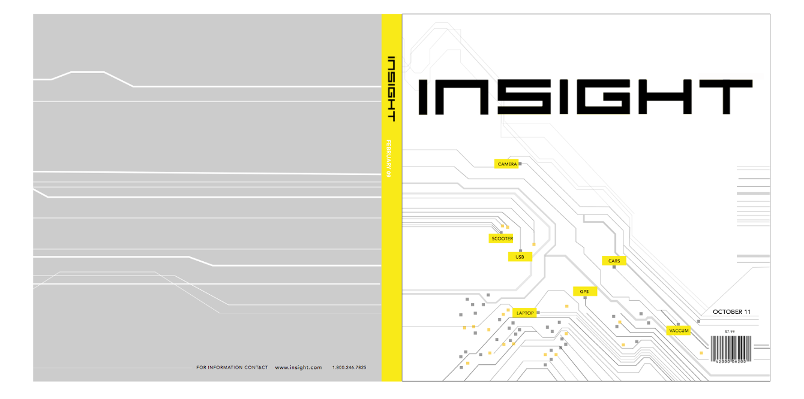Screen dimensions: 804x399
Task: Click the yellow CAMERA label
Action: (x=507, y=164)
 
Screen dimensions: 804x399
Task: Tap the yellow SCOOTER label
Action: (x=502, y=238)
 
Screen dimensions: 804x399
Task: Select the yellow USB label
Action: (x=520, y=257)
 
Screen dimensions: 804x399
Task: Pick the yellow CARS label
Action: (x=614, y=261)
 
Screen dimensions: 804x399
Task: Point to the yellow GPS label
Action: (x=584, y=292)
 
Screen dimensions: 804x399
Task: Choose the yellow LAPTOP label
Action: (x=524, y=313)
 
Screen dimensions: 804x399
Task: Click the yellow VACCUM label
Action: (x=679, y=331)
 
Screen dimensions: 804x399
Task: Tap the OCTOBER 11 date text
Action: (x=731, y=312)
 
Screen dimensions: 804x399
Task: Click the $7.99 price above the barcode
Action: (x=730, y=331)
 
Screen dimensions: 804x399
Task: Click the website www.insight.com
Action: (x=298, y=367)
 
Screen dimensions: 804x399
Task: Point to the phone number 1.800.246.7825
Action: (x=349, y=367)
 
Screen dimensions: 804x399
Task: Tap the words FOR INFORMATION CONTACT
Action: (x=232, y=367)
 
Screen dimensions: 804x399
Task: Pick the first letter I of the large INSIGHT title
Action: (x=426, y=96)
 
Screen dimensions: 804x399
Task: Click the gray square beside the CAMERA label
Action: (x=520, y=164)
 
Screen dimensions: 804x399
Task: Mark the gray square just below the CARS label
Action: (x=614, y=267)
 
